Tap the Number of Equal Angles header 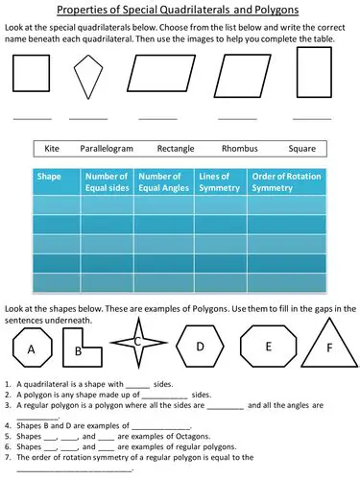pos(161,182)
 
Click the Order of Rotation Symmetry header pos(281,182)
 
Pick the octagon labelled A pos(32,349)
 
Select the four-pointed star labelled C pos(138,342)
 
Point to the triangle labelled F pos(331,348)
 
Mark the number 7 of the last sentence pos(8,458)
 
